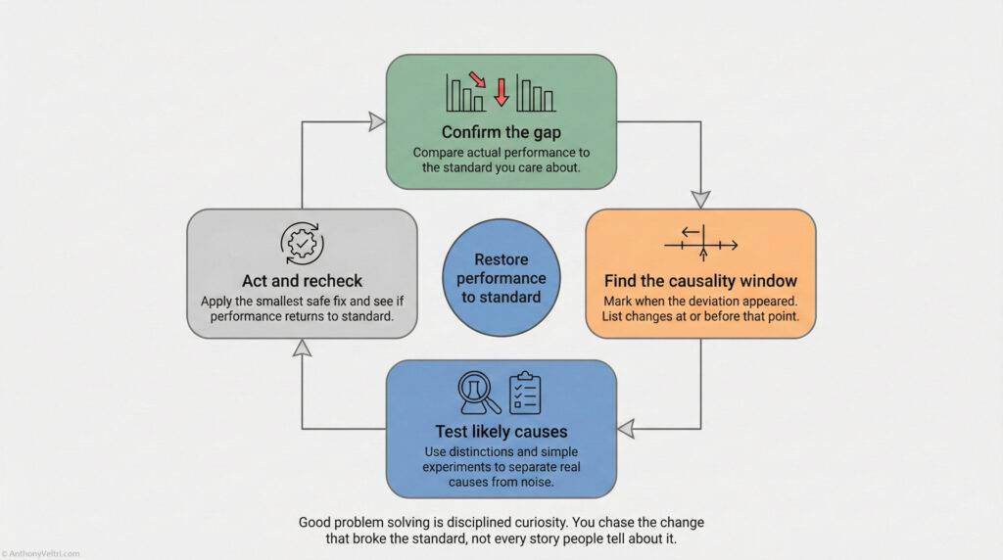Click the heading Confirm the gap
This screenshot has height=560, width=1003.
tap(501, 131)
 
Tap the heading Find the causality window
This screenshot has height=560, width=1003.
tap(700, 280)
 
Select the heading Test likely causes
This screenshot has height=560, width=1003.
tap(501, 431)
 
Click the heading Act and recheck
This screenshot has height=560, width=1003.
tap(302, 281)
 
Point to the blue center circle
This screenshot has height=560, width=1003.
tap(501, 278)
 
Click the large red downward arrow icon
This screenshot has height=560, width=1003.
tap(501, 92)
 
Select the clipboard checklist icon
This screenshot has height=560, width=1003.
tap(526, 392)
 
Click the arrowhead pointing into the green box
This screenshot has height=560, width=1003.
tap(376, 121)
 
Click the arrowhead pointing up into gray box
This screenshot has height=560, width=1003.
tap(302, 347)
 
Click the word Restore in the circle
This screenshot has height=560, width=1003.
tap(501, 260)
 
